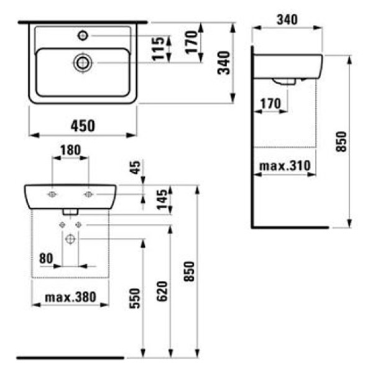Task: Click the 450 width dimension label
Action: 83,126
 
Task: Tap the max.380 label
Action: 70,297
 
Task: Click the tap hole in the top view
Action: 82,35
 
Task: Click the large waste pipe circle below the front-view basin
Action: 70,238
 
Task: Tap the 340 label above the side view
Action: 286,20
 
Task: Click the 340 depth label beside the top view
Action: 223,62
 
